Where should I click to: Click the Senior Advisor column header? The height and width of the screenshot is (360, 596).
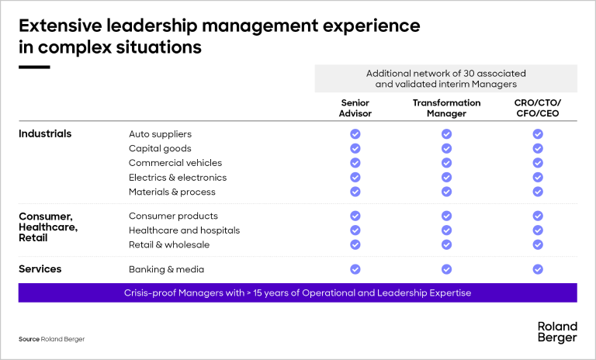(x=355, y=108)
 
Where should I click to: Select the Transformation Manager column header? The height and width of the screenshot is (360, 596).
(x=446, y=108)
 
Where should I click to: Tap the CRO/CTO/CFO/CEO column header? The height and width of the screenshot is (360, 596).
(x=537, y=108)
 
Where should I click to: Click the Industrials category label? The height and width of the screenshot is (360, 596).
(x=45, y=133)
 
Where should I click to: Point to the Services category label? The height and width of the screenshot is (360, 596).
(x=40, y=269)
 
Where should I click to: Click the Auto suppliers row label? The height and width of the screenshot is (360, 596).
(x=160, y=134)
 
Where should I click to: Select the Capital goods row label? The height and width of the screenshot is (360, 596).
(x=160, y=148)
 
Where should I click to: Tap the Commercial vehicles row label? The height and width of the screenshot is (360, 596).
(x=175, y=163)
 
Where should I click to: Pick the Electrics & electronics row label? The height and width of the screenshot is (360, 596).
(x=178, y=178)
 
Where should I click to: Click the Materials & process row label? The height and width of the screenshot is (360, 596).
(x=172, y=192)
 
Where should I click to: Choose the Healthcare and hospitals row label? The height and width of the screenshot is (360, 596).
(x=184, y=230)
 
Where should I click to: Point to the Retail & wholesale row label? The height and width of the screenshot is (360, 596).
(x=169, y=244)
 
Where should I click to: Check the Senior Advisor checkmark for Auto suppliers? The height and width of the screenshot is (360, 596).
(x=355, y=134)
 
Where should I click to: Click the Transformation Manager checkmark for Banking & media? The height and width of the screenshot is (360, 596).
(x=446, y=269)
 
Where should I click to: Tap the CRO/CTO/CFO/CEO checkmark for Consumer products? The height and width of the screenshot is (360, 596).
(x=537, y=216)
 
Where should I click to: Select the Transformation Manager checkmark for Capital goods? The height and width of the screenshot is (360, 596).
(x=446, y=148)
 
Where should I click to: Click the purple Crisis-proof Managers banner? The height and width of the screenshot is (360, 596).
(x=298, y=292)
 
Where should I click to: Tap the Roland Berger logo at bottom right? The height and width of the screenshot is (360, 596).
(x=557, y=332)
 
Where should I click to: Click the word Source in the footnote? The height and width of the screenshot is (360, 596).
(x=29, y=340)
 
